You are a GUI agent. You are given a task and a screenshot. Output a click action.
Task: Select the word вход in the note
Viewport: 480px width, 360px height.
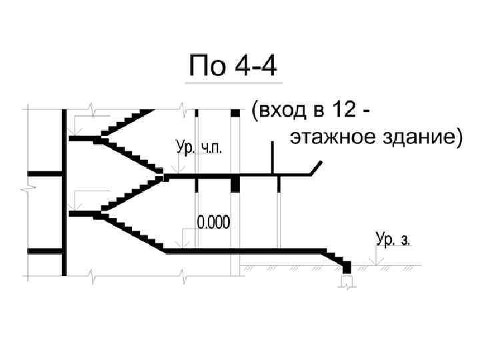tap(277, 111)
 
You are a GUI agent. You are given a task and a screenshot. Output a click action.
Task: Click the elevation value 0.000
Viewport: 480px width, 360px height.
tap(214, 223)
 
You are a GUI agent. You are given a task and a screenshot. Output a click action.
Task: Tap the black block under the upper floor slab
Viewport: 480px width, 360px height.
tap(235, 185)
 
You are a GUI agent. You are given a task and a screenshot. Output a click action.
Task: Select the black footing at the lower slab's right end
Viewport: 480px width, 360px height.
tap(347, 267)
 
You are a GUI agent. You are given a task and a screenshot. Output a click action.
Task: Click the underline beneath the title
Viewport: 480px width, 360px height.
tap(233, 83)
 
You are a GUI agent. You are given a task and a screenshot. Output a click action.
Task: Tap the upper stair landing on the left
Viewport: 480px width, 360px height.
tap(83, 139)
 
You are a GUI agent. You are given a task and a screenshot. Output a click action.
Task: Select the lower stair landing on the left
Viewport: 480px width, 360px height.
tap(83, 214)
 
